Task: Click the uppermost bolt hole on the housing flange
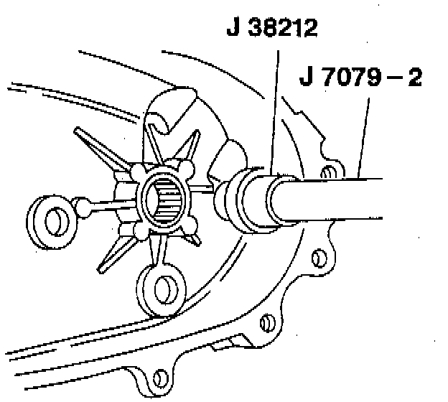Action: point(329,173)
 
